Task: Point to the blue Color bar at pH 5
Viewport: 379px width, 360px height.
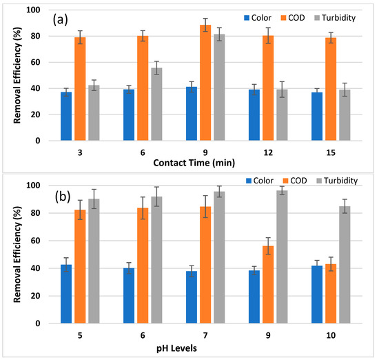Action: (x=66, y=294)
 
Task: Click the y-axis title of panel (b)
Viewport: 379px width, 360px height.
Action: (x=15, y=254)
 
